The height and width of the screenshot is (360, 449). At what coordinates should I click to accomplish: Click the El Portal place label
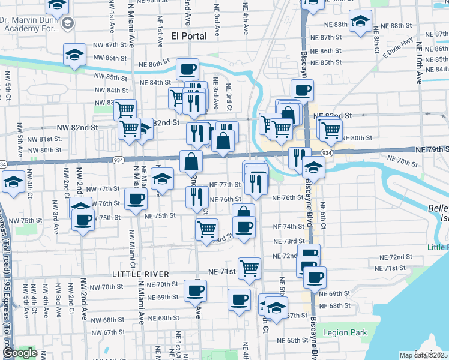coord(189,36)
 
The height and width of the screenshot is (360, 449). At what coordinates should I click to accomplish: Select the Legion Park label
coord(345,332)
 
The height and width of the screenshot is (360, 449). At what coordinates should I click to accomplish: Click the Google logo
coord(20,353)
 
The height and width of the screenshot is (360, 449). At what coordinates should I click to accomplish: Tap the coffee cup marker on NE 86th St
coord(187,70)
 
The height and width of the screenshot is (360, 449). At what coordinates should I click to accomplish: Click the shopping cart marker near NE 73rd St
coord(206,229)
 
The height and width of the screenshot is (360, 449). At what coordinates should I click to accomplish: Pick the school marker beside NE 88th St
coord(360,24)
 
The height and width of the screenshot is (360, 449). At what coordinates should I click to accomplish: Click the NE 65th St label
coord(293,340)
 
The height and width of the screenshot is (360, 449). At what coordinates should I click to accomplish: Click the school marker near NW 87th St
coord(74,55)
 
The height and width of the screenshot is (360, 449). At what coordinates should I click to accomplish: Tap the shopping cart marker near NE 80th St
coord(330,128)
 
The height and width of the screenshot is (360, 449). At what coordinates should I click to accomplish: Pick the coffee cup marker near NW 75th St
coord(83,220)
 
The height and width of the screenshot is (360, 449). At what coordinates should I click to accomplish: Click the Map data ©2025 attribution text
coord(424,355)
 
